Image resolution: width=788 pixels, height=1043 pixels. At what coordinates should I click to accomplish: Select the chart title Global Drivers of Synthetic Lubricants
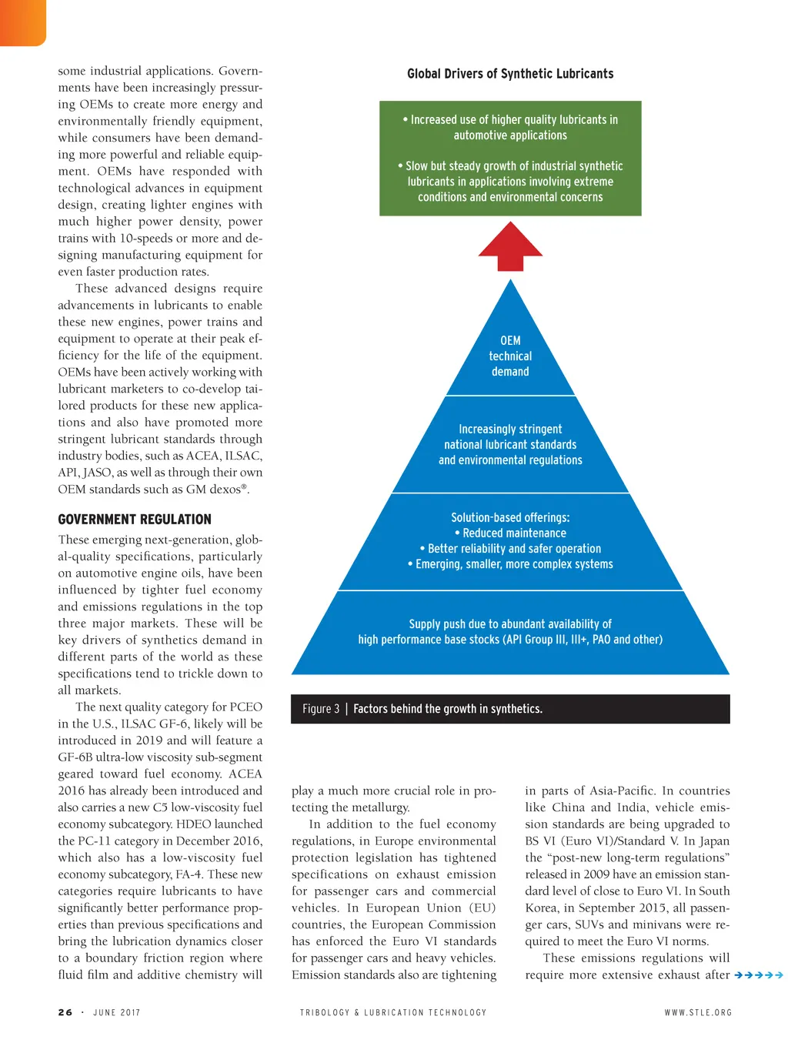pyautogui.click(x=510, y=74)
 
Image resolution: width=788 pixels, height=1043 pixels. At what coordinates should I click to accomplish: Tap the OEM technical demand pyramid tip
pyautogui.click(x=510, y=356)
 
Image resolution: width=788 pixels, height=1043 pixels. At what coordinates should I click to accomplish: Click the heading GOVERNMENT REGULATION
pyautogui.click(x=135, y=520)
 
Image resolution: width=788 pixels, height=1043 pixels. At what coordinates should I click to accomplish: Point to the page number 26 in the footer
pyautogui.click(x=65, y=1012)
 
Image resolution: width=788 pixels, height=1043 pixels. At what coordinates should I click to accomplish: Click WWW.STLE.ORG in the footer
pyautogui.click(x=698, y=1012)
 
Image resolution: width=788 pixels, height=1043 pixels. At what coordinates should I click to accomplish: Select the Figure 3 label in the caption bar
pyautogui.click(x=321, y=709)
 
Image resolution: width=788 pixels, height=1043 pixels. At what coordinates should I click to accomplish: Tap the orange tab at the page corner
pyautogui.click(x=22, y=22)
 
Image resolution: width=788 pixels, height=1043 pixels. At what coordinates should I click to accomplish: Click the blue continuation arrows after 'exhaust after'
pyautogui.click(x=759, y=975)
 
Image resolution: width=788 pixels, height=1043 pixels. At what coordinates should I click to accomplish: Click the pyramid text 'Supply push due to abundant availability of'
pyautogui.click(x=510, y=624)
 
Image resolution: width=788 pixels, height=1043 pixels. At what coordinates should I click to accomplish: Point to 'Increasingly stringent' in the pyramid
pyautogui.click(x=510, y=430)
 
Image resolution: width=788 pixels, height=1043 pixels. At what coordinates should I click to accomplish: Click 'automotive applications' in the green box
pyautogui.click(x=510, y=135)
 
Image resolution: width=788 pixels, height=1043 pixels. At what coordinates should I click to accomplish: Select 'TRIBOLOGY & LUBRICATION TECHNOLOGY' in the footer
pyautogui.click(x=393, y=1012)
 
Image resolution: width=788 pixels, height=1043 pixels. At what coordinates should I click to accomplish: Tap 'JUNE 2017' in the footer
pyautogui.click(x=117, y=1012)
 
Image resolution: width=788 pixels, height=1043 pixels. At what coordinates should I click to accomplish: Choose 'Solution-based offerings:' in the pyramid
pyautogui.click(x=510, y=518)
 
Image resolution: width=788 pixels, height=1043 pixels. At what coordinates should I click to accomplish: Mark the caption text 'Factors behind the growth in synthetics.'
pyautogui.click(x=448, y=709)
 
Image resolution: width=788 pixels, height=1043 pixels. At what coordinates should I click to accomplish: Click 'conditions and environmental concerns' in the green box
pyautogui.click(x=510, y=197)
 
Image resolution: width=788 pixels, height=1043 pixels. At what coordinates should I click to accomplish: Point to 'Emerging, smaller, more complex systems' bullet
pyautogui.click(x=514, y=564)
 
